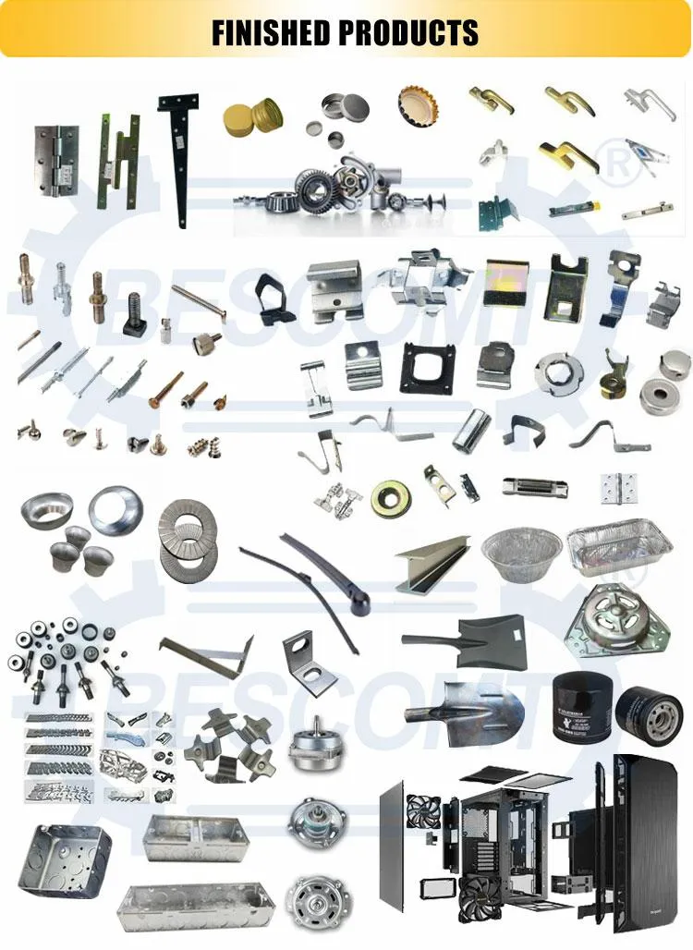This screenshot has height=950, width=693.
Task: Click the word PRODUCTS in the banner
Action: click(x=407, y=32)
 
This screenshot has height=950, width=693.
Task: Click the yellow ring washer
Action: click(x=392, y=500)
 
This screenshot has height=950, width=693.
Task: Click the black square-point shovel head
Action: click(x=467, y=638)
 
